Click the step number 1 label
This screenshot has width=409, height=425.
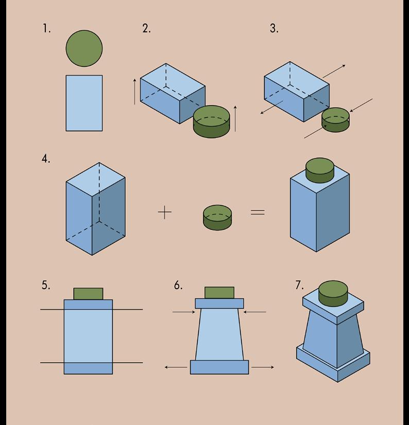click(x=47, y=29)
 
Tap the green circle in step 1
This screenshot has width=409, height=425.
click(x=84, y=48)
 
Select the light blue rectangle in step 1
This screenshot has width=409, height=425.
click(x=84, y=103)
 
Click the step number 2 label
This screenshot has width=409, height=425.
click(x=146, y=29)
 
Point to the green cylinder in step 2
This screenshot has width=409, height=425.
click(x=211, y=122)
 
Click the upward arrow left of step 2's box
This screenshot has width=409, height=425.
click(x=135, y=92)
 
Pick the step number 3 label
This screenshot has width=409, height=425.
click(x=274, y=29)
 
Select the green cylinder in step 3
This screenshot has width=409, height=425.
click(x=335, y=120)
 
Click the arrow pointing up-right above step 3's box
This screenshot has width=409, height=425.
click(x=334, y=72)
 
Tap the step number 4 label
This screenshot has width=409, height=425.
click(x=46, y=159)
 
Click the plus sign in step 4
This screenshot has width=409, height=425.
click(x=164, y=212)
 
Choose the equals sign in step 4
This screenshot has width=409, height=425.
click(x=258, y=211)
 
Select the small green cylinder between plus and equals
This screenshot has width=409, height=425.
click(x=217, y=217)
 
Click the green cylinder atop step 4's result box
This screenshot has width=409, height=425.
click(x=320, y=170)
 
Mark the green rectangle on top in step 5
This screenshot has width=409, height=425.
click(x=88, y=294)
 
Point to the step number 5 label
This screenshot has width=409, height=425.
click(x=46, y=286)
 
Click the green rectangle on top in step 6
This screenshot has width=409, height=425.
click(x=219, y=293)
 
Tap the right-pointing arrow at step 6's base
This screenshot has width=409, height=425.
click(x=263, y=367)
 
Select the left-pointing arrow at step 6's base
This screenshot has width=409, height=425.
click(x=176, y=367)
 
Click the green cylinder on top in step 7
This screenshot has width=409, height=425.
click(x=333, y=293)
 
